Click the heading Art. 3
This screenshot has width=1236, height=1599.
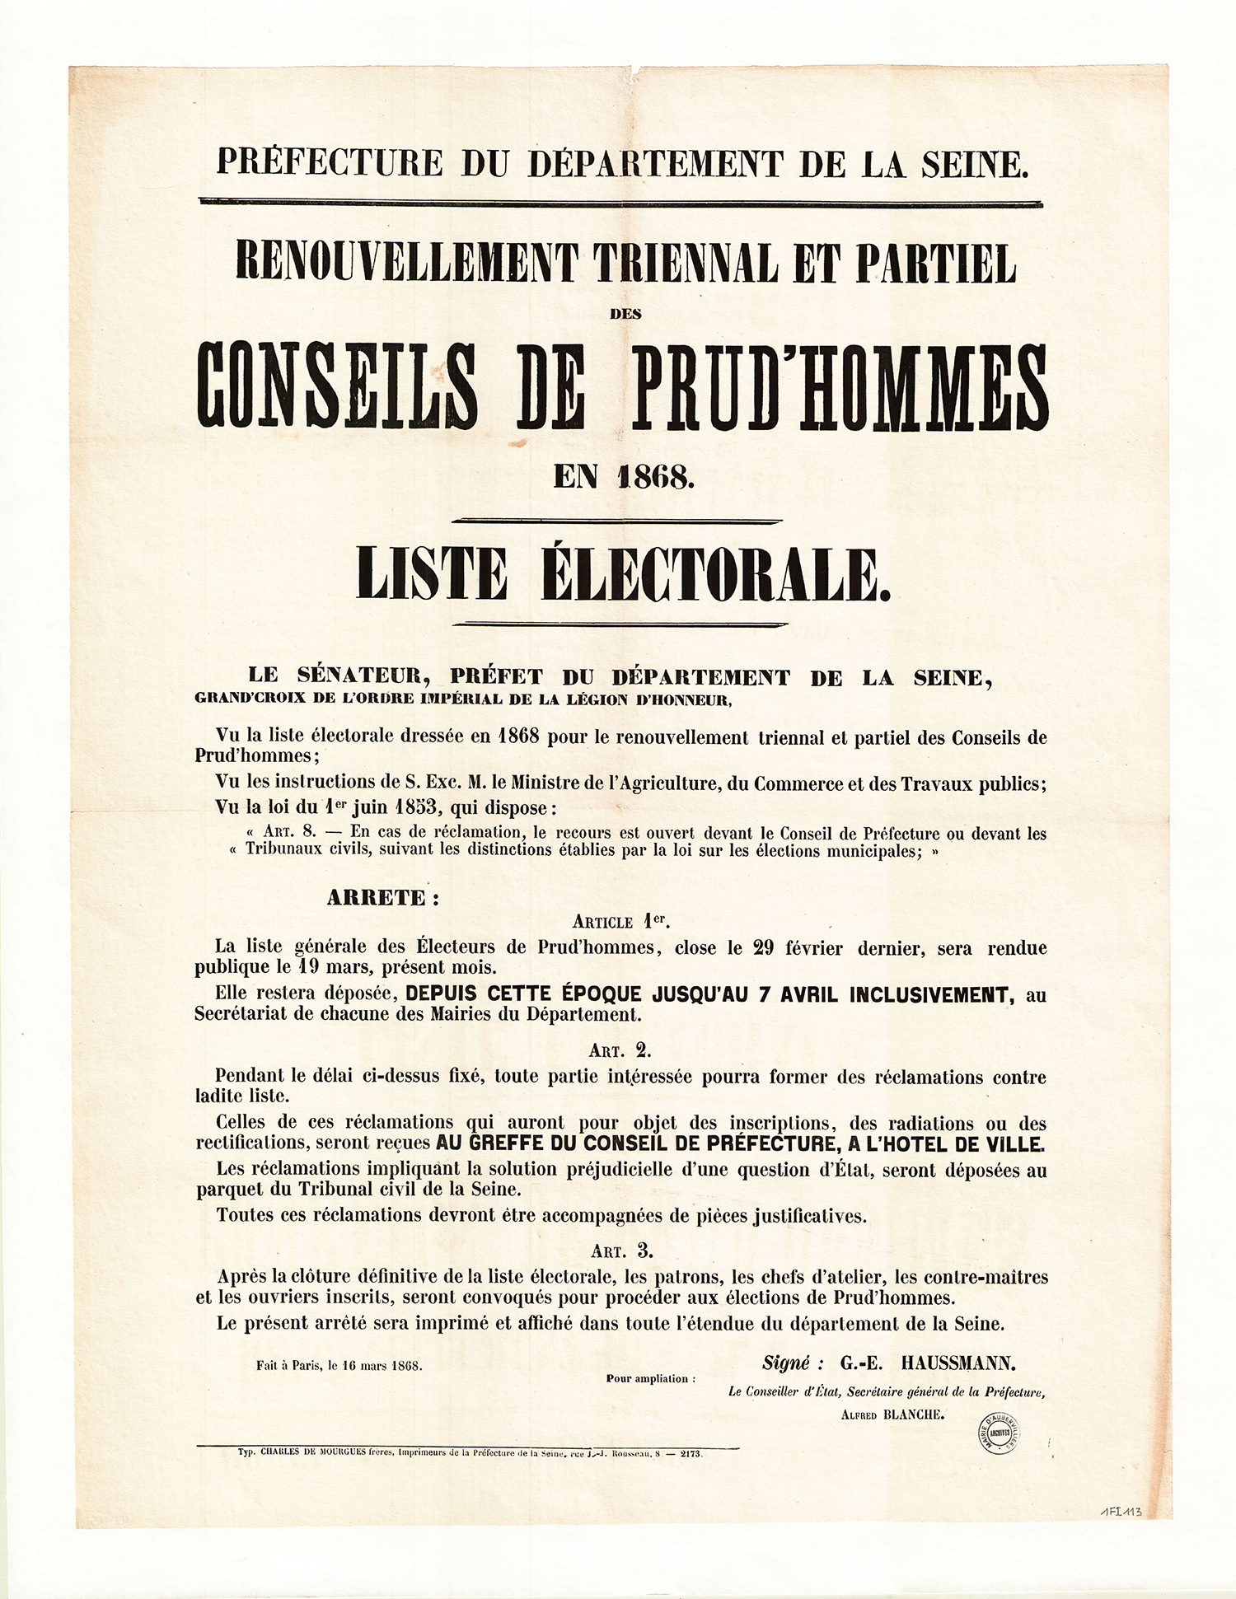coord(621,1251)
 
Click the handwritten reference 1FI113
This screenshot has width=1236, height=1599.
coord(1122,1511)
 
